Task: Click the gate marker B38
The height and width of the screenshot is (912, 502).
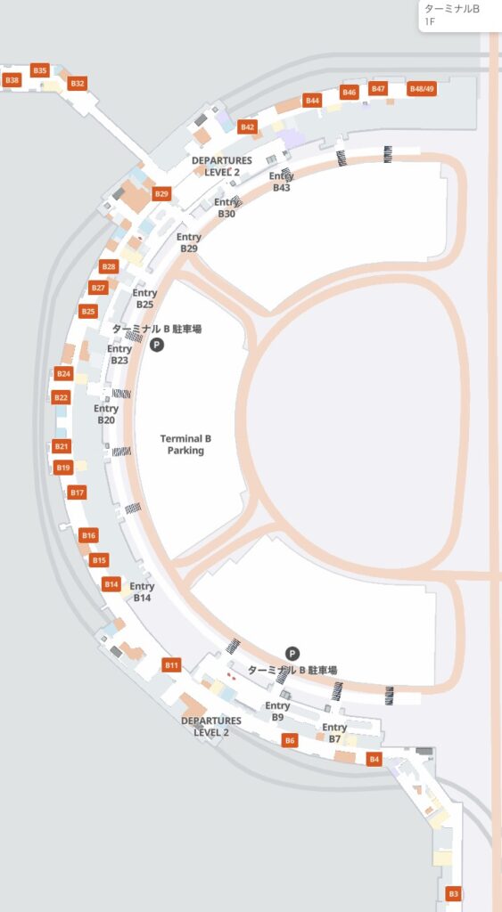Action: click(12, 80)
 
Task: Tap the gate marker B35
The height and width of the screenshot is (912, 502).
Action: click(39, 69)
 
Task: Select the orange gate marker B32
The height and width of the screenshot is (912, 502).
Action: click(78, 84)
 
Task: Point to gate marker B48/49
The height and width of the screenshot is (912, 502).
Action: click(422, 89)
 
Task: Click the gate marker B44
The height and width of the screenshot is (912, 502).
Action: click(312, 101)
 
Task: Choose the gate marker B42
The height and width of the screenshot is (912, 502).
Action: click(247, 127)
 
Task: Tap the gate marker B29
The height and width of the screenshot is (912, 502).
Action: click(161, 193)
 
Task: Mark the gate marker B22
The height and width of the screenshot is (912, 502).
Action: click(61, 397)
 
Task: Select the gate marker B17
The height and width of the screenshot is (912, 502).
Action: click(77, 493)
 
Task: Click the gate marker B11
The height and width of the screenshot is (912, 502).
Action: click(171, 665)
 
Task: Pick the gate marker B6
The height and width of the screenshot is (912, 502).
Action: click(289, 741)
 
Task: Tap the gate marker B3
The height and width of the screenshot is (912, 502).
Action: click(453, 893)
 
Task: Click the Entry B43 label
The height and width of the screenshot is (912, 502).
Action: click(282, 182)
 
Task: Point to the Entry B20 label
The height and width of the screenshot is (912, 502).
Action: click(106, 414)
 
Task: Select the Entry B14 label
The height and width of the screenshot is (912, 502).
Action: click(142, 592)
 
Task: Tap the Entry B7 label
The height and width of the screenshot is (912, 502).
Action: click(334, 733)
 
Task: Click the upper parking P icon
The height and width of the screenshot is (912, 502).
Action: click(156, 345)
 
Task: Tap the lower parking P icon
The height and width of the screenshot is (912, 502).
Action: click(292, 654)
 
